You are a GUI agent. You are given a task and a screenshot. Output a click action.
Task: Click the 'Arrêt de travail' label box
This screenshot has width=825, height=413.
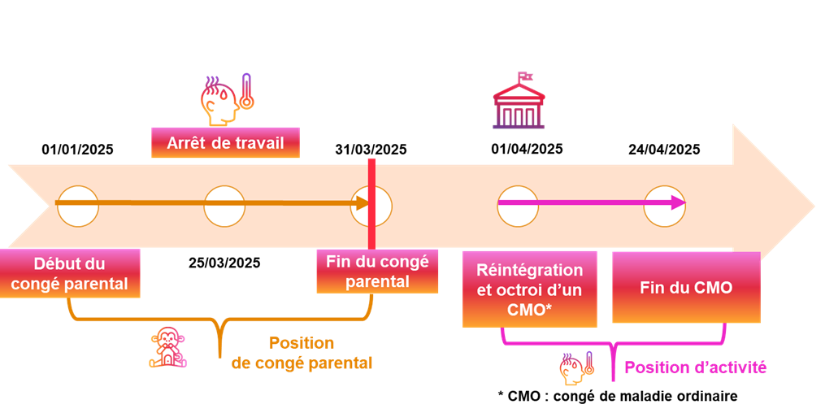(225, 143)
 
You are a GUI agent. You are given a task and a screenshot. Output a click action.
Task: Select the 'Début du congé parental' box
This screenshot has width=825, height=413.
(69, 273)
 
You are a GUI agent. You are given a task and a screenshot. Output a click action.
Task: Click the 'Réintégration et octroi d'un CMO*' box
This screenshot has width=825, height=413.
(529, 289)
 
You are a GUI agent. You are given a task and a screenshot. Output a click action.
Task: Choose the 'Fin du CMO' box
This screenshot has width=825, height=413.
(685, 287)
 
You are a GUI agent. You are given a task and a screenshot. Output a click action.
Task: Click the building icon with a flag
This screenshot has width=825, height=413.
(519, 102)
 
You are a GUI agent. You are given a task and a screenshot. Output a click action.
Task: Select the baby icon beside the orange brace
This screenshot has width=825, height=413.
(167, 347)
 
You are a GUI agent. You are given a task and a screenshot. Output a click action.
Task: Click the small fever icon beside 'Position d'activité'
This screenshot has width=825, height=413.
(576, 368)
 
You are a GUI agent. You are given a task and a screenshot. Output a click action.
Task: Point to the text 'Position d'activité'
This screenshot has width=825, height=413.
(695, 367)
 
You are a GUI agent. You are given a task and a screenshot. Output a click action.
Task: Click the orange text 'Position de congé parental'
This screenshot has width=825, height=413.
(302, 353)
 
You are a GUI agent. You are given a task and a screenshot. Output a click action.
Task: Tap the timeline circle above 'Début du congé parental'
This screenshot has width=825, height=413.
(78, 206)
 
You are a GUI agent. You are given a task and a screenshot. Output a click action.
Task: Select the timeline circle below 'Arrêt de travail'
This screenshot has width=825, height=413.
(224, 206)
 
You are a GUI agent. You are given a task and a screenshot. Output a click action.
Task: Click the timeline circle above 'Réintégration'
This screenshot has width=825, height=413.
(518, 206)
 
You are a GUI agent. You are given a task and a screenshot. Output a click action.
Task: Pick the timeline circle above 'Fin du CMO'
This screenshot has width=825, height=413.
(664, 206)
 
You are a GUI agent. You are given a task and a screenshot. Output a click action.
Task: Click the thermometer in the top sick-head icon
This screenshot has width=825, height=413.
(246, 92)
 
